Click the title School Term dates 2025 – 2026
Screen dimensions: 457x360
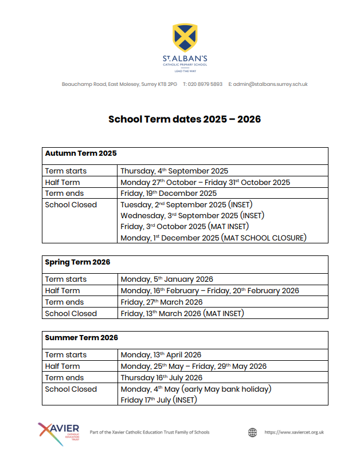[x=185, y=119]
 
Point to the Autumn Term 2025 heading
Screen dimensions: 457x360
[x=81, y=153]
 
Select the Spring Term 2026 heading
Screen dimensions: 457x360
[x=77, y=262]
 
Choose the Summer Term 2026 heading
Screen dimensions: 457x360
[x=81, y=337]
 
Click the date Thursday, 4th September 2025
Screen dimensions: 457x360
[x=174, y=171]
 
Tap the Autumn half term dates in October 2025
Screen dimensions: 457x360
[x=205, y=182]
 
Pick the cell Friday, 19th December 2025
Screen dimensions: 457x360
[x=169, y=193]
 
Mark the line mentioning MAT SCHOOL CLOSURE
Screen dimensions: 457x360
[x=213, y=238]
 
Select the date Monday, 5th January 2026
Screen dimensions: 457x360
[x=167, y=279]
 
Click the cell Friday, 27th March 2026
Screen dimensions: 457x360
[x=162, y=302]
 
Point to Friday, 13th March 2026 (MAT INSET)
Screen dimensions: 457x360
[x=182, y=313]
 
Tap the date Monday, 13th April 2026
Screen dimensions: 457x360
[x=161, y=354]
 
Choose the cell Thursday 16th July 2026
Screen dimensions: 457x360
[x=162, y=377]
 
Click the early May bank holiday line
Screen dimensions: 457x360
[x=195, y=389]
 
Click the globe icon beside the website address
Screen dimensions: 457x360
[x=253, y=432]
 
